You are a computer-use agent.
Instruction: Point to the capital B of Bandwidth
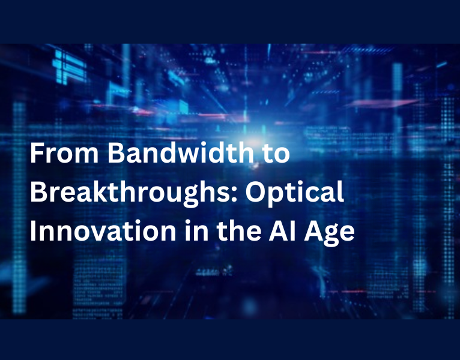click(x=115, y=155)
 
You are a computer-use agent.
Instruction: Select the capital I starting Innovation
click(x=33, y=232)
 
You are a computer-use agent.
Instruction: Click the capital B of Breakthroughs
click(x=37, y=194)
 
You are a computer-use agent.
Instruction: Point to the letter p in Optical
click(x=276, y=197)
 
